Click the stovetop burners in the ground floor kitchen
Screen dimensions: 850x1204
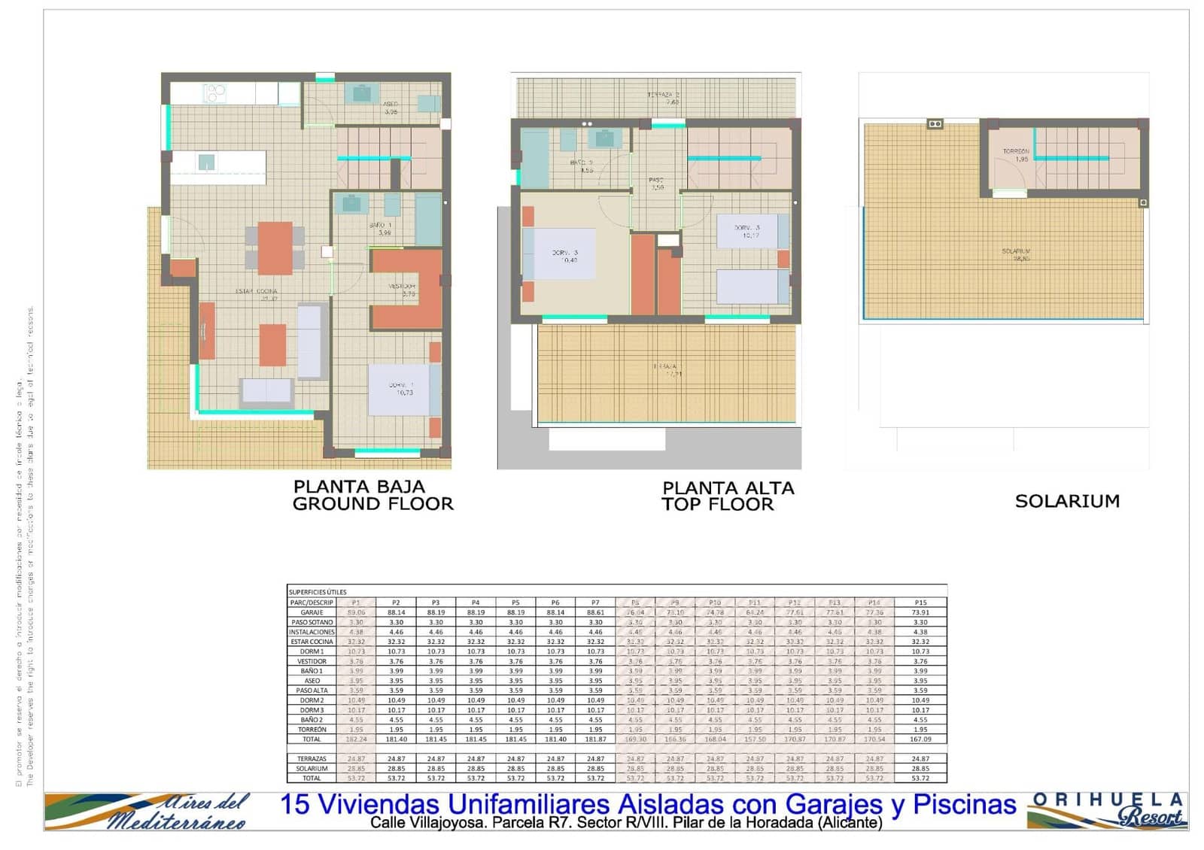coord(214,93)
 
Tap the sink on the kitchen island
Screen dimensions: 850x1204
coord(206,162)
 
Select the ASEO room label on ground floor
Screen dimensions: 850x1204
coord(391,108)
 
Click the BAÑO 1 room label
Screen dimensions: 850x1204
coord(381,229)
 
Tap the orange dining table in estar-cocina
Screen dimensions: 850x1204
coord(275,247)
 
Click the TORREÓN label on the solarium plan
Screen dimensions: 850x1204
coord(1016,155)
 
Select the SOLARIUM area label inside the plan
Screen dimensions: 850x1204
coord(1016,254)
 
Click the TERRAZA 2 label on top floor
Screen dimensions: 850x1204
coord(664,98)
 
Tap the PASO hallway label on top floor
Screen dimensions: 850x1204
coord(657,184)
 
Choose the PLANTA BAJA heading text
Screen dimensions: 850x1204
coord(359,487)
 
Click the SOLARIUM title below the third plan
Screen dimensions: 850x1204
coord(1067,501)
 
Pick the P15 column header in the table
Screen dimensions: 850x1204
coord(920,603)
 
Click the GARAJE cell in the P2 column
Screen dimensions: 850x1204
coord(396,612)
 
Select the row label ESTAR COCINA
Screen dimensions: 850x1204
coord(312,642)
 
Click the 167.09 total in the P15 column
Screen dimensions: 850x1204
coord(920,739)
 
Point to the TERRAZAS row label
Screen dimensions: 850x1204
coord(312,759)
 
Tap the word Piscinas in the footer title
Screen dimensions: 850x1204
coord(965,804)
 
